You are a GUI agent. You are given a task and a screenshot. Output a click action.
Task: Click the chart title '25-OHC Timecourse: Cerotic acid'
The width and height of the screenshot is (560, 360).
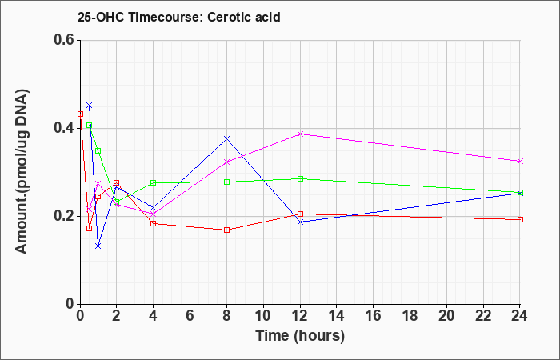tap(179, 17)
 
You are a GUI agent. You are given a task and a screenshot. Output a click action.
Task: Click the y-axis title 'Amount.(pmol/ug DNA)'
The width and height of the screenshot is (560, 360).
tap(22, 171)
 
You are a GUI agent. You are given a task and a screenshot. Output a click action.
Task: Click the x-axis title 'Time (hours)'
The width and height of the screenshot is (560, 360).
tap(300, 336)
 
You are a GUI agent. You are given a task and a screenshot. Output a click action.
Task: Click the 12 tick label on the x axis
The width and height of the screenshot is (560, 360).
tap(300, 316)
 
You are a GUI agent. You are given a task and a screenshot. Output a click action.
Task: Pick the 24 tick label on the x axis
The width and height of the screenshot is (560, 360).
tap(520, 316)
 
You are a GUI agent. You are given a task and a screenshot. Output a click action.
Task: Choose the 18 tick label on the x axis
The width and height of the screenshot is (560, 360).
tap(410, 316)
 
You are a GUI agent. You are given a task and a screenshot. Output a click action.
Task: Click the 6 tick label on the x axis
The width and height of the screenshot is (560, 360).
tap(190, 316)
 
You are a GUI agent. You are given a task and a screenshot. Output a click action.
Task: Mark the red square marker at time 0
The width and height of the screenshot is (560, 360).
tap(80, 114)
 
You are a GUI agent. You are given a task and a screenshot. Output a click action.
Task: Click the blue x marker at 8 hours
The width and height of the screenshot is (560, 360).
tap(226, 138)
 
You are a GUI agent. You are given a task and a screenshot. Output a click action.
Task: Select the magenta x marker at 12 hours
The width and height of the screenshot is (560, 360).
tap(300, 134)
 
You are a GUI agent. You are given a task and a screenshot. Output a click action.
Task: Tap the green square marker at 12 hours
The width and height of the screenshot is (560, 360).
tap(300, 178)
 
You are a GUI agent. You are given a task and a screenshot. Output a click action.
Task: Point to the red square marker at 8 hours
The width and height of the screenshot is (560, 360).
tap(226, 230)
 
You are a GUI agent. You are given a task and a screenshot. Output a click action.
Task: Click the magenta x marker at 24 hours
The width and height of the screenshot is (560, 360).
tap(520, 161)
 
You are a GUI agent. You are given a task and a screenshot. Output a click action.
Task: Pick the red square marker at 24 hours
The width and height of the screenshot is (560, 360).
tap(520, 219)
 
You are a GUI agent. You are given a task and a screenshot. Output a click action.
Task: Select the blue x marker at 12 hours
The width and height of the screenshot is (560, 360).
tap(300, 222)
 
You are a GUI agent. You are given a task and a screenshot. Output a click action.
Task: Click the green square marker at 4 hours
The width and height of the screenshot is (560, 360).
tap(154, 182)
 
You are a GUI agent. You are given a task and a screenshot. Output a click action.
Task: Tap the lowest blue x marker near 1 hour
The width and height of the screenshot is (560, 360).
tap(98, 246)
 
